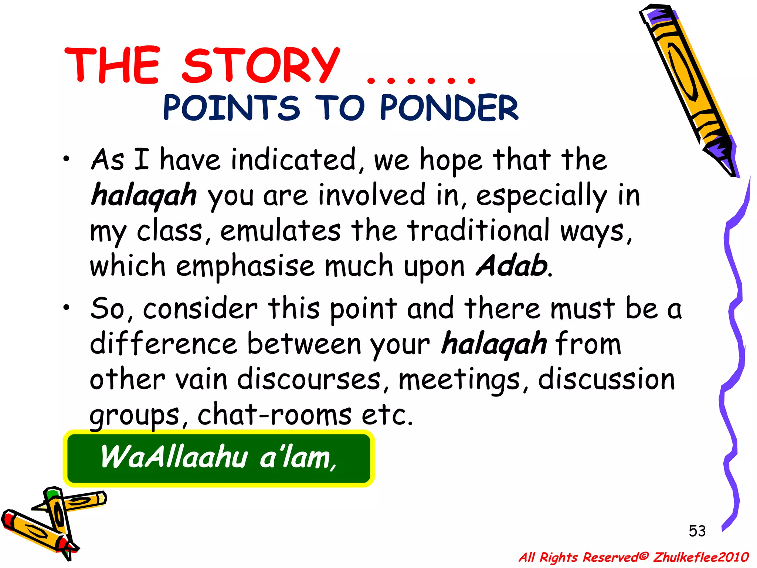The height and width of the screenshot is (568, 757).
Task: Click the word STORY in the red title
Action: click(261, 66)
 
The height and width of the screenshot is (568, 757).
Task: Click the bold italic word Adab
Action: click(512, 266)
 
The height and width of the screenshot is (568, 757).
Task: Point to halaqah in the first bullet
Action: click(144, 195)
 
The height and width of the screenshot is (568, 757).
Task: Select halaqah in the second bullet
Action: click(494, 344)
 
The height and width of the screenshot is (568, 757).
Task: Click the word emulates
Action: click(281, 231)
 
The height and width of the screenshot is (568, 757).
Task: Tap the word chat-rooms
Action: click(274, 415)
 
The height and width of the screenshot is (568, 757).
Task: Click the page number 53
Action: click(697, 531)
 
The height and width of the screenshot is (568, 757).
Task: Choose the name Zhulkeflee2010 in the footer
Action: click(701, 557)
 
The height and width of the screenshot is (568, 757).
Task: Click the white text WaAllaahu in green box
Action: click(174, 457)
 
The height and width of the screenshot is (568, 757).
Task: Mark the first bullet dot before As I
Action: click(66, 159)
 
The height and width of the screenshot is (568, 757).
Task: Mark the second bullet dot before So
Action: click(66, 308)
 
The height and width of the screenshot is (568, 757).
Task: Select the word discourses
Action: click(309, 379)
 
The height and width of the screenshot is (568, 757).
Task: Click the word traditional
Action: click(479, 231)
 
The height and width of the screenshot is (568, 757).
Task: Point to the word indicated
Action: click(294, 160)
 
